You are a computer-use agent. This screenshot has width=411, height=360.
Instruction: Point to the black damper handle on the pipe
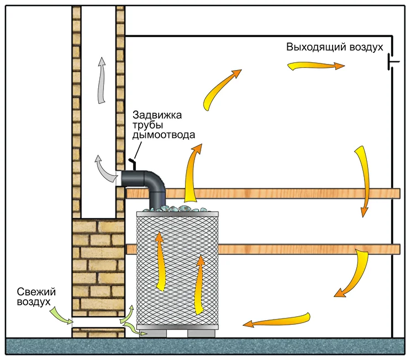[133, 163]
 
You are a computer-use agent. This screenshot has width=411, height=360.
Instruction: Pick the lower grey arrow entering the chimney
[104, 168]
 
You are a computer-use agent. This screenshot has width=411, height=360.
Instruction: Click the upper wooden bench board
[287, 193]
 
